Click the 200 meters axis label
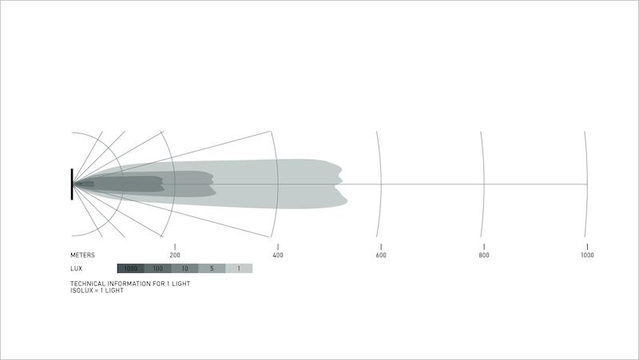[x=175, y=255]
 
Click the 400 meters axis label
[x=278, y=255]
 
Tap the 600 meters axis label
[x=381, y=255]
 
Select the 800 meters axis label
[x=484, y=255]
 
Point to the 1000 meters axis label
[x=587, y=255]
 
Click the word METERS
[x=83, y=255]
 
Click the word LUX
[x=76, y=268]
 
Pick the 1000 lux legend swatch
[x=131, y=268]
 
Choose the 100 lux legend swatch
[x=157, y=268]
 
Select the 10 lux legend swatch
[x=185, y=268]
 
